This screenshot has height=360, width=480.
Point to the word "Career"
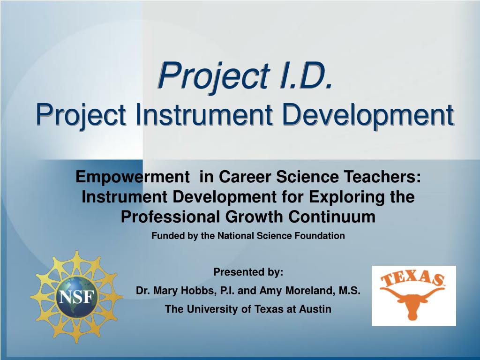click(242, 177)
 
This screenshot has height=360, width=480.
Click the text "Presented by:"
click(248, 272)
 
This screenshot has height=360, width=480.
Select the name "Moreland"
click(306, 291)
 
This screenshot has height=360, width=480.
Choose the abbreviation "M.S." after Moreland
click(349, 291)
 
